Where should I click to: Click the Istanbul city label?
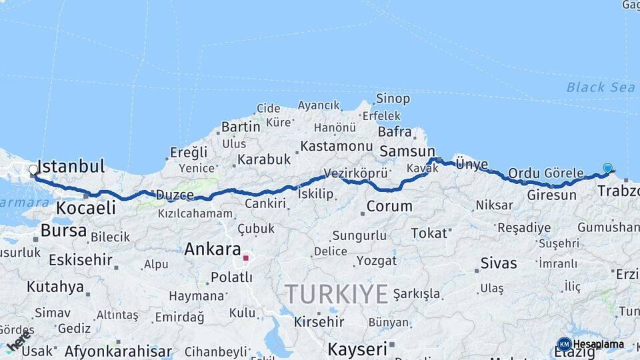tap(72, 167)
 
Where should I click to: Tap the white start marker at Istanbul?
tap(33, 170)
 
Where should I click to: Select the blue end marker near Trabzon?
tap(607, 168)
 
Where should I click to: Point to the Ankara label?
tap(212, 250)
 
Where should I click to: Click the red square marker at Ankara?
tap(246, 258)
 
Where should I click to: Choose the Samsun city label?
tap(407, 152)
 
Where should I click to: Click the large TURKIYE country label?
tap(337, 294)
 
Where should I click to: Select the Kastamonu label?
tap(336, 145)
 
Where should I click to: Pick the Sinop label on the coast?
tap(393, 99)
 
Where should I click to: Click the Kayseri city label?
tap(357, 349)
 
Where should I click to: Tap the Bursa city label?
tap(63, 231)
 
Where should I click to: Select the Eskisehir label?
tap(81, 259)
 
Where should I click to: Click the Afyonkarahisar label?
tap(118, 351)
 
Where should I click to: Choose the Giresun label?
tap(551, 195)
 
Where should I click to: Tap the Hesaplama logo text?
tap(598, 344)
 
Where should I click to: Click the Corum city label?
tap(389, 207)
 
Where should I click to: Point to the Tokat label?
tap(429, 233)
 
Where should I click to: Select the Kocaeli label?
tap(85, 207)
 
